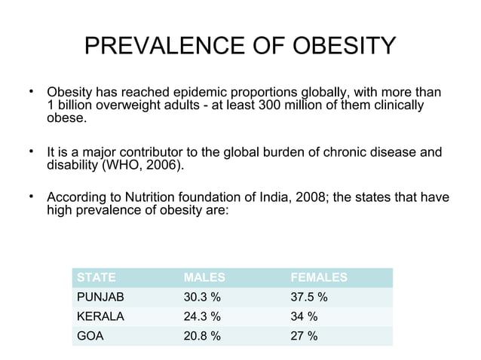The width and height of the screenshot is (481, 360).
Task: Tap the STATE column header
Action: [97, 277]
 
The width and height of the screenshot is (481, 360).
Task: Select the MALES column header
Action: [204, 277]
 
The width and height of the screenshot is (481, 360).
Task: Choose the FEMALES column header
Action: [319, 277]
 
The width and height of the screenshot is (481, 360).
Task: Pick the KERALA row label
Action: [100, 316]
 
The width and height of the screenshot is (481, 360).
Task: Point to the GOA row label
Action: [90, 336]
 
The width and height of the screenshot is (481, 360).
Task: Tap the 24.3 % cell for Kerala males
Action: [203, 316]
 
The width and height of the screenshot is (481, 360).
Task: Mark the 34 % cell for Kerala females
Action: [304, 316]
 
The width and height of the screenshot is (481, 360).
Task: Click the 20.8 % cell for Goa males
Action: [203, 336]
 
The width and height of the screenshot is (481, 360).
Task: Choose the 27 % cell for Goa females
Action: [304, 336]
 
